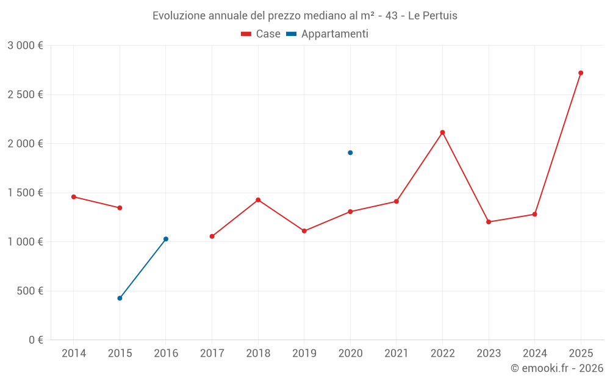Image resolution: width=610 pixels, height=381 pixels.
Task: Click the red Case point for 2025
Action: coord(581,73)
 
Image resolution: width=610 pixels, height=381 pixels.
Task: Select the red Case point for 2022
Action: coord(442,132)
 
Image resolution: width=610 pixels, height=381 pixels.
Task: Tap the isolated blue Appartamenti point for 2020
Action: coord(350,152)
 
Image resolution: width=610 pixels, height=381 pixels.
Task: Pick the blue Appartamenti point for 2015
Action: coord(120,298)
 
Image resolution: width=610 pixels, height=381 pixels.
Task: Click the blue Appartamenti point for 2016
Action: coord(166,239)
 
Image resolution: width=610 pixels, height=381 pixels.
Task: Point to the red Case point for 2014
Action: coord(74,197)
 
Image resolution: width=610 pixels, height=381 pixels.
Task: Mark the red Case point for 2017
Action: coord(212,237)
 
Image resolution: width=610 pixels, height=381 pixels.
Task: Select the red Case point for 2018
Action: coord(258,200)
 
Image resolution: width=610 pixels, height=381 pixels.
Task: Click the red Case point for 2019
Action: coord(304,231)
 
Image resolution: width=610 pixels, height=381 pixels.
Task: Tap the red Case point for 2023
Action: coord(489,222)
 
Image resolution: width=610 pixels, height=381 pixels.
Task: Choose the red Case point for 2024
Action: coord(534,215)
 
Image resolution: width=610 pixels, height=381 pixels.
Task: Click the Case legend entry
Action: coord(261,34)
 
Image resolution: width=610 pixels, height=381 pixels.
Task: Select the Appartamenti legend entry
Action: coord(328,34)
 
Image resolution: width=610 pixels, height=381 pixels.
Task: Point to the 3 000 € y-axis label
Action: coord(25,46)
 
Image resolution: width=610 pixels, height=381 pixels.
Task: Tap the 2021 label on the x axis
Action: coord(396,354)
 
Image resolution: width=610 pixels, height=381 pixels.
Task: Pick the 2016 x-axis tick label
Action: coord(166,354)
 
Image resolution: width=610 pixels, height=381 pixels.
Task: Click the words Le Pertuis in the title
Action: coord(432,15)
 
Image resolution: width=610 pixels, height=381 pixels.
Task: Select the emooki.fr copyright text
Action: coord(557,368)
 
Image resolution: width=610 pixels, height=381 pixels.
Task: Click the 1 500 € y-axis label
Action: coord(25,193)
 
